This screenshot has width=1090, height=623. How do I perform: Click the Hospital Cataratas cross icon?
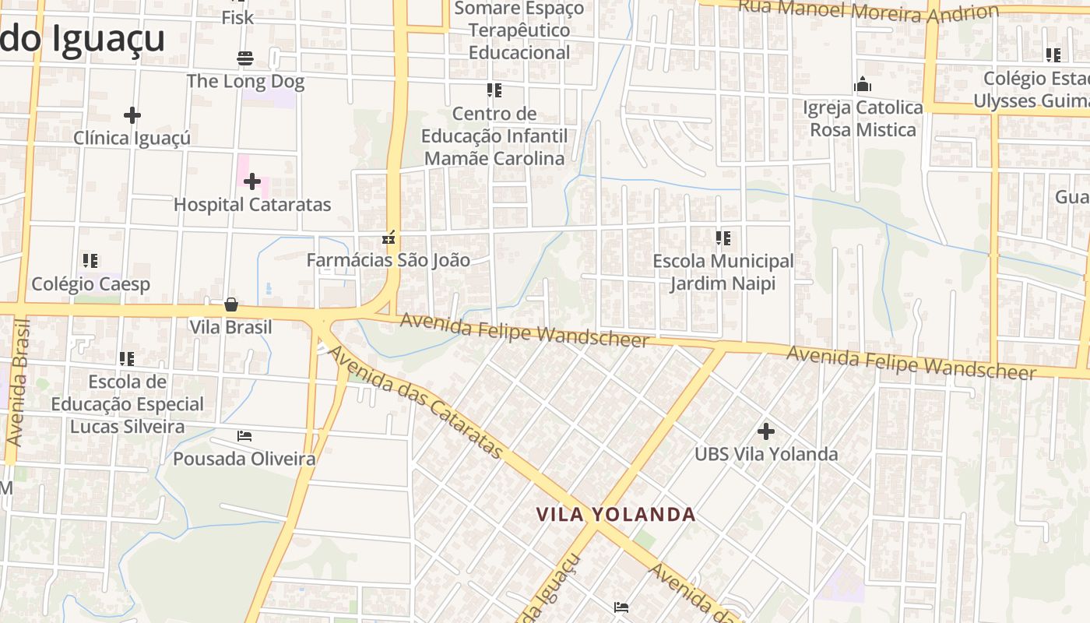(x=251, y=182)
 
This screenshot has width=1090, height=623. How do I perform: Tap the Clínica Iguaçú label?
(x=132, y=138)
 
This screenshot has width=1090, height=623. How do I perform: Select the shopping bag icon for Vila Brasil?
(x=230, y=304)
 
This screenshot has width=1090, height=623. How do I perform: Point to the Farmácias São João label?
(x=388, y=260)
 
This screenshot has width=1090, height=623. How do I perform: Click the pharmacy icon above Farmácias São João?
(x=389, y=238)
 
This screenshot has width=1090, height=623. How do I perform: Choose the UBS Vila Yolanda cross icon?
(x=766, y=431)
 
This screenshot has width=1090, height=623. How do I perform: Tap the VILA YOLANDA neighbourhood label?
(x=616, y=515)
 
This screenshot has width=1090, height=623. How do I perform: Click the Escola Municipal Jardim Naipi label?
(x=723, y=272)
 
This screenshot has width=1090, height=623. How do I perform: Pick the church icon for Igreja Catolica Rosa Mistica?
(x=863, y=84)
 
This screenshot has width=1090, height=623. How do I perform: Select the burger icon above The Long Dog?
(x=244, y=58)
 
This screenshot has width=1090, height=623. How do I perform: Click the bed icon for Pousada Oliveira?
(x=244, y=436)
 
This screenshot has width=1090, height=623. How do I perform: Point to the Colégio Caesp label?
(x=90, y=284)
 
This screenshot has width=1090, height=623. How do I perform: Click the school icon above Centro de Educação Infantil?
(x=494, y=90)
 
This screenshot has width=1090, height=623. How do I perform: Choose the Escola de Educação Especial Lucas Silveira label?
(x=127, y=404)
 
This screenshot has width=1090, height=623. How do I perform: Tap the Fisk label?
(x=237, y=16)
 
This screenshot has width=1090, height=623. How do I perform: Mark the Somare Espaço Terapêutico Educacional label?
(x=519, y=30)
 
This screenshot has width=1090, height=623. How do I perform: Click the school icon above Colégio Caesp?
(x=90, y=261)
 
